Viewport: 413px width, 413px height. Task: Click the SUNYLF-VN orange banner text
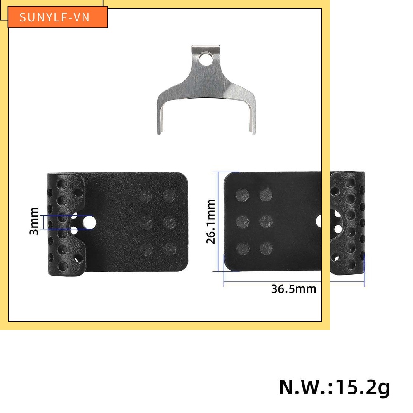pos(55,17)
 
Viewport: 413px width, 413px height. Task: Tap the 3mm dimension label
pos(34,221)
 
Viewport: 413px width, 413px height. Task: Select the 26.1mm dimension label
pos(211,222)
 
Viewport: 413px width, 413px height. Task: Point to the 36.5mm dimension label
pos(294,289)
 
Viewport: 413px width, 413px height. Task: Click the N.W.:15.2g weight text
pos(334,387)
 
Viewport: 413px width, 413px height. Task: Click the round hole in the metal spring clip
pos(205,59)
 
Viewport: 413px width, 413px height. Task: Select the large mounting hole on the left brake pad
pos(89,222)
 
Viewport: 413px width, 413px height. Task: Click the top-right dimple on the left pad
pos(169,195)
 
